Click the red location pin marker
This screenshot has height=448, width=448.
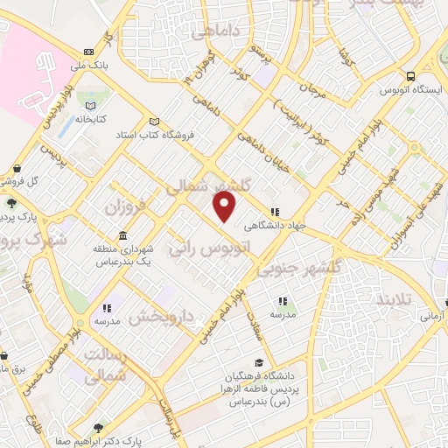(226, 206)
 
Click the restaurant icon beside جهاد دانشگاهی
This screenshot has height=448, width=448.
(276, 211)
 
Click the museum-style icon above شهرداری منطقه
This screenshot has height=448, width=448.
(121, 237)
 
